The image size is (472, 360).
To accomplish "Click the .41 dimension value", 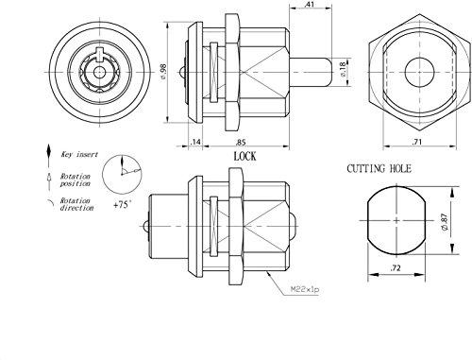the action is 310,5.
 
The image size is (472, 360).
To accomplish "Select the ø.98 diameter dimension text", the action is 163,72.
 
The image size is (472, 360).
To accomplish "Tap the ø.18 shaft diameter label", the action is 343,69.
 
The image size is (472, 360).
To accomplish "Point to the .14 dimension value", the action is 195,142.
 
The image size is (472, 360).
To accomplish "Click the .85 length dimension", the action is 241,143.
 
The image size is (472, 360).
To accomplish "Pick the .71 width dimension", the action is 416,142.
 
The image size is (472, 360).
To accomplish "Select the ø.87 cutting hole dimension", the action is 445,223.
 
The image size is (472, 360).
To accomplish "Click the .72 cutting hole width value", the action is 396,268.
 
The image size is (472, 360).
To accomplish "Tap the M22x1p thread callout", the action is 305,289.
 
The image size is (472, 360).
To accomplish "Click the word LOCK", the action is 244,156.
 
